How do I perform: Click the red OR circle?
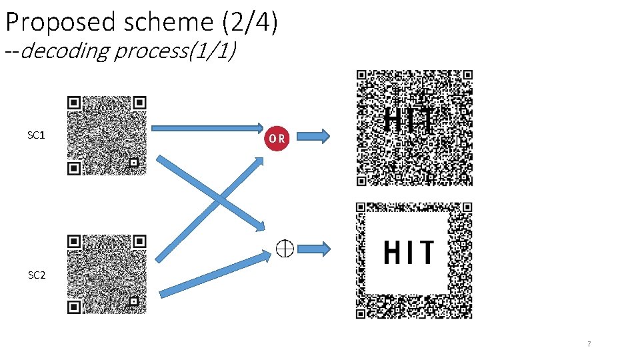pos(277,138)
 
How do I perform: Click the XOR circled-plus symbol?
pos(285,249)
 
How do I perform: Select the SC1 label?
pos(36,135)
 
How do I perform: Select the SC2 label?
pos(37,275)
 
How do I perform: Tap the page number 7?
pos(589,344)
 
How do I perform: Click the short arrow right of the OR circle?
pos(313,137)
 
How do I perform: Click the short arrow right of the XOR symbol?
pos(313,249)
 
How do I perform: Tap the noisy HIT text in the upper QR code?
pos(409,121)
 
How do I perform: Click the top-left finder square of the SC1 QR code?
pos(74,103)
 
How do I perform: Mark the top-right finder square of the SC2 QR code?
pos(139,241)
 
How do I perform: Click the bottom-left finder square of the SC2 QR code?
pos(74,307)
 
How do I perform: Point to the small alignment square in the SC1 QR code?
pos(134,162)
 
